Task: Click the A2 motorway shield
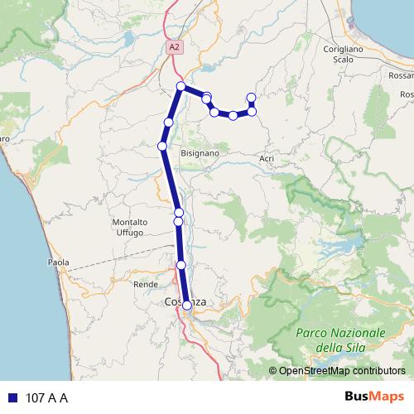pos(173,48)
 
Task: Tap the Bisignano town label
pos(200,153)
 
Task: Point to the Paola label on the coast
pos(59,262)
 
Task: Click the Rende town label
pos(145,283)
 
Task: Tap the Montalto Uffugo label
pos(130,228)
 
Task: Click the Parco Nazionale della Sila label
pos(340,339)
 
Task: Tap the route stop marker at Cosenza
pos(187,306)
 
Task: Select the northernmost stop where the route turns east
pos(181,87)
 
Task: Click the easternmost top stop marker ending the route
pos(252,98)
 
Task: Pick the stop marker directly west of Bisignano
pos(162,147)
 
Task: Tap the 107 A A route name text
pos(47,398)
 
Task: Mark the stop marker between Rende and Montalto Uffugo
pos(181,265)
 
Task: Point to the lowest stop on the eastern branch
pos(233,115)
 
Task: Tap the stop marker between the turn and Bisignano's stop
pos(168,123)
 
